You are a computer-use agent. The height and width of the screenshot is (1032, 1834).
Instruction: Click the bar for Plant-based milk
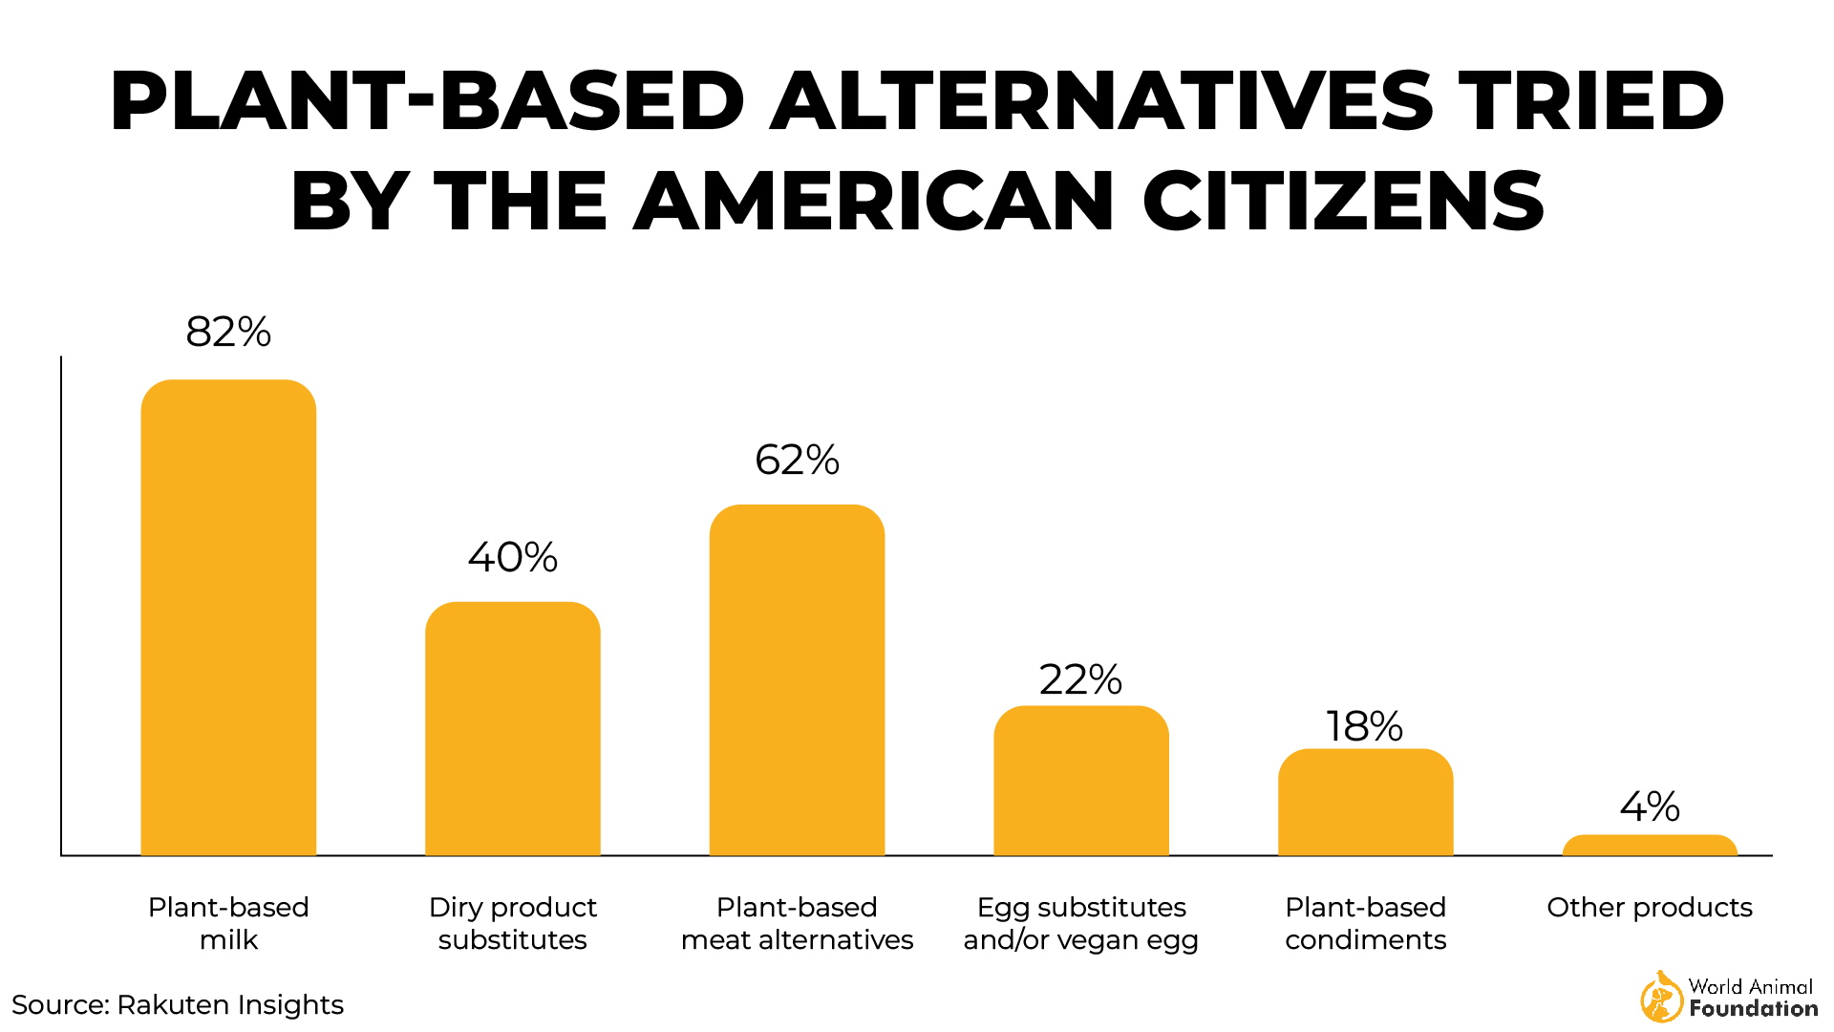click(228, 617)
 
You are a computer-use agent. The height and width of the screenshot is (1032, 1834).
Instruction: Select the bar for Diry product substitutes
click(512, 728)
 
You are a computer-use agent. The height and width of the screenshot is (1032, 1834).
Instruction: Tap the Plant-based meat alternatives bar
click(797, 679)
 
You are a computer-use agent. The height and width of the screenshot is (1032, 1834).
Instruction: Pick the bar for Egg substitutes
click(1080, 781)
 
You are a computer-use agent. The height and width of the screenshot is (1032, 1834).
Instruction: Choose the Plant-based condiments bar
click(1365, 802)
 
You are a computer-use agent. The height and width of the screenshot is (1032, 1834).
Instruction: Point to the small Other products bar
click(1650, 846)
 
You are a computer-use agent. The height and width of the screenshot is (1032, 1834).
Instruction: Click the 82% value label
click(228, 333)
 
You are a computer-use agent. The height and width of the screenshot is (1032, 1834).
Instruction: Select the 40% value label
click(512, 557)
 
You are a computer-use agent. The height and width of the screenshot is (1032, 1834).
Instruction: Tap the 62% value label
click(797, 460)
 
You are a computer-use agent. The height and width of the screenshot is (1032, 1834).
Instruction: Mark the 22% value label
click(1080, 679)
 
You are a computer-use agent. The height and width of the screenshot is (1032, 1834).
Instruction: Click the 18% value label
click(1364, 726)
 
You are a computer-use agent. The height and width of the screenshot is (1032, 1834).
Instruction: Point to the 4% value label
click(1650, 806)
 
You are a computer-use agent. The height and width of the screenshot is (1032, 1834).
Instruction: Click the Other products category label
click(1650, 907)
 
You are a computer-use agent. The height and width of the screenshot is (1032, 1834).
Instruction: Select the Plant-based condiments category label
click(1365, 923)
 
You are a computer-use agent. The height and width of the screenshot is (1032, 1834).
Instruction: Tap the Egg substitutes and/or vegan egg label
click(1080, 923)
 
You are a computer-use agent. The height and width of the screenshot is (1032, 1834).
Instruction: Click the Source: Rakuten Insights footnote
click(178, 1004)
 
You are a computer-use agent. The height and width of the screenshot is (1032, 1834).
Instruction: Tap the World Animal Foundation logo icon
click(1661, 997)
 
